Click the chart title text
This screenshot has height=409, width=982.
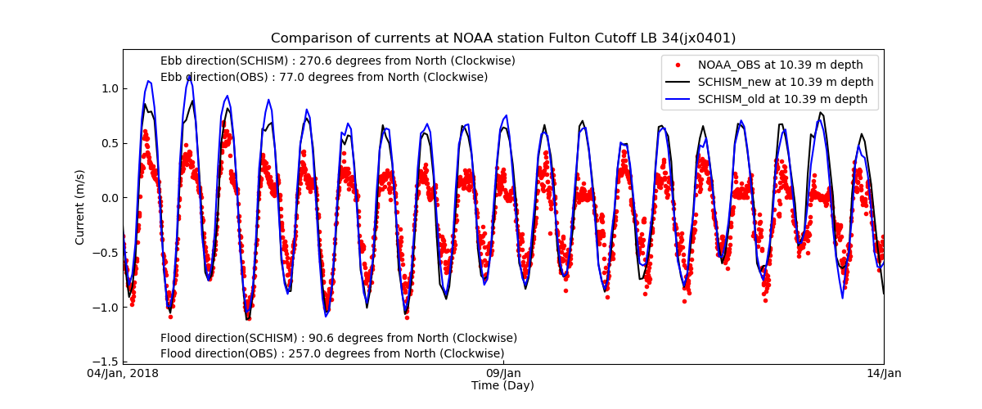[503, 38]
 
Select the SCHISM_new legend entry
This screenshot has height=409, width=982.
[785, 82]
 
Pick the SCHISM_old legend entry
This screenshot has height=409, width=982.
[782, 99]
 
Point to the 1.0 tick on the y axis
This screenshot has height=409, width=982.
[108, 88]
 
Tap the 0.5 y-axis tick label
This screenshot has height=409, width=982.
[108, 143]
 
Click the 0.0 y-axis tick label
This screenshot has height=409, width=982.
[108, 198]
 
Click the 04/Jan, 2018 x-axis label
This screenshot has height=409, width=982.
[124, 374]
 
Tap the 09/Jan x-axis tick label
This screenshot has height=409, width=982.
[503, 374]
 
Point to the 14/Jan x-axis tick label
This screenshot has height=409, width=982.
[884, 374]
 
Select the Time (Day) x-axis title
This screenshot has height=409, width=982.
[502, 386]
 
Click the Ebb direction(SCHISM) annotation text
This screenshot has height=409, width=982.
[337, 61]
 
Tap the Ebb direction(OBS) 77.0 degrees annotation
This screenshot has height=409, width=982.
[324, 78]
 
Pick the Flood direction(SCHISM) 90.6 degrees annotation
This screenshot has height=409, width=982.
[339, 339]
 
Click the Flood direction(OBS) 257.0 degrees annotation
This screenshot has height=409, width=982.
[332, 354]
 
